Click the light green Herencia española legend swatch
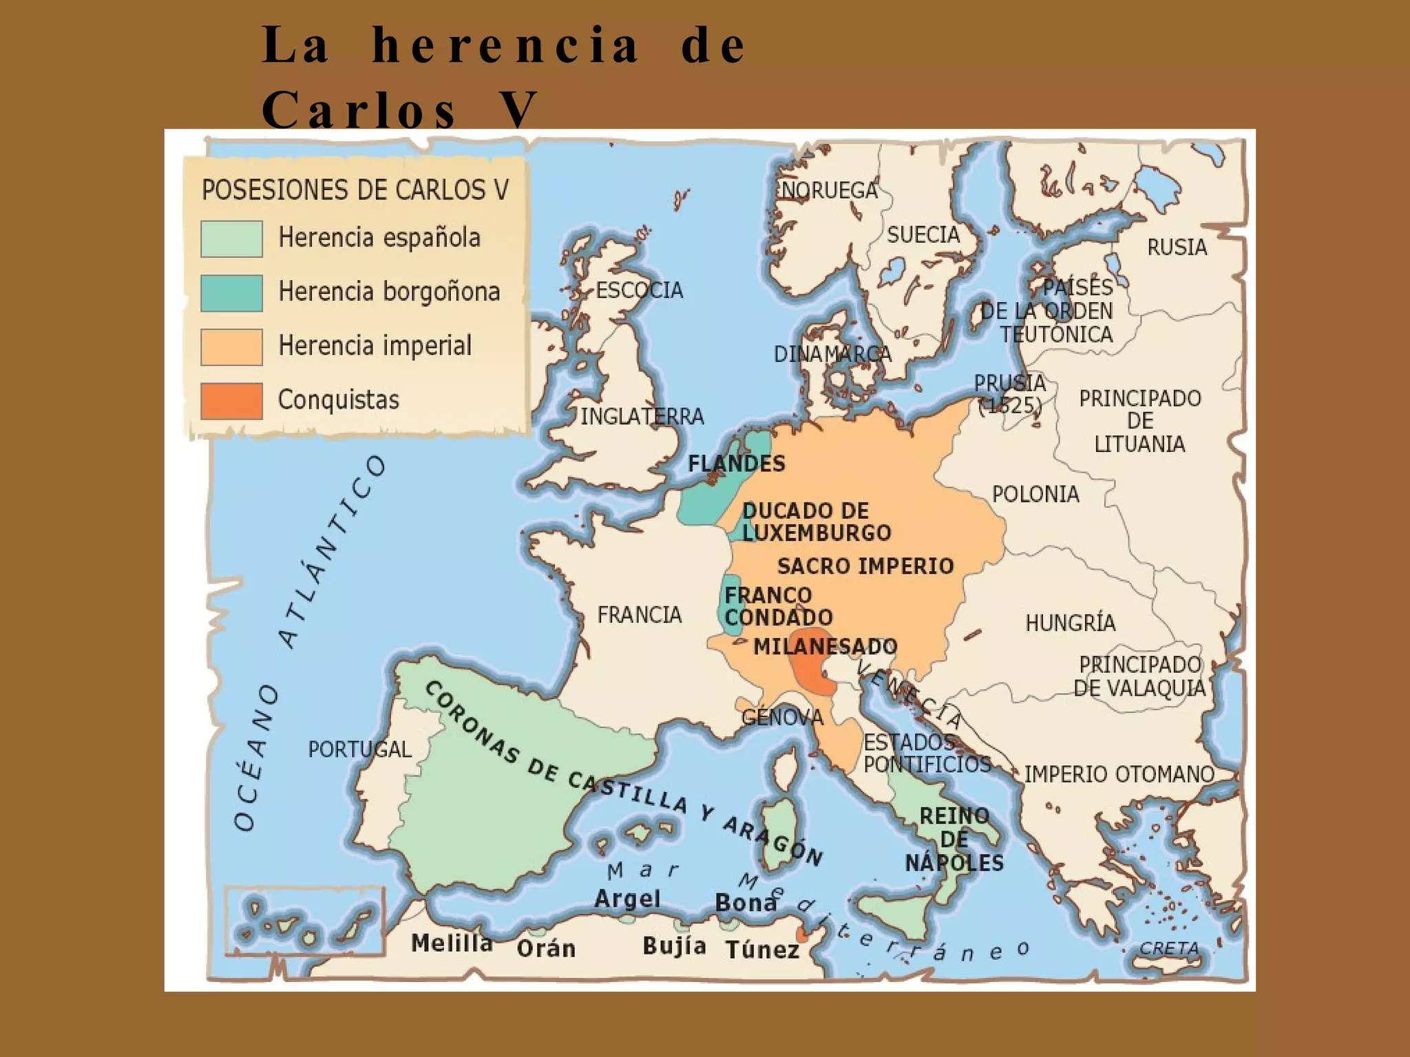(231, 239)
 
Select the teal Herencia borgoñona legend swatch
(231, 293)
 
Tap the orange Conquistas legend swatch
(231, 401)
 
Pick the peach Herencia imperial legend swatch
(231, 347)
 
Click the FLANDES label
(737, 464)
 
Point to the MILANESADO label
(825, 647)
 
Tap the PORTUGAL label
(359, 749)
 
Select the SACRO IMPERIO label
(865, 566)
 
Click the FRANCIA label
(639, 615)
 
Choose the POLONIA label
(1035, 494)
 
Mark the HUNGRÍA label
(1070, 623)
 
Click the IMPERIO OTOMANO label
(1119, 775)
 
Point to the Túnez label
(762, 950)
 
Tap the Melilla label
(452, 943)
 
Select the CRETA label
(1169, 948)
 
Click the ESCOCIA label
(639, 290)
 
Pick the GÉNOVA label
(782, 718)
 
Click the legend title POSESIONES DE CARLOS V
(355, 190)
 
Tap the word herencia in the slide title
(506, 45)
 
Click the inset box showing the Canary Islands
(304, 920)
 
